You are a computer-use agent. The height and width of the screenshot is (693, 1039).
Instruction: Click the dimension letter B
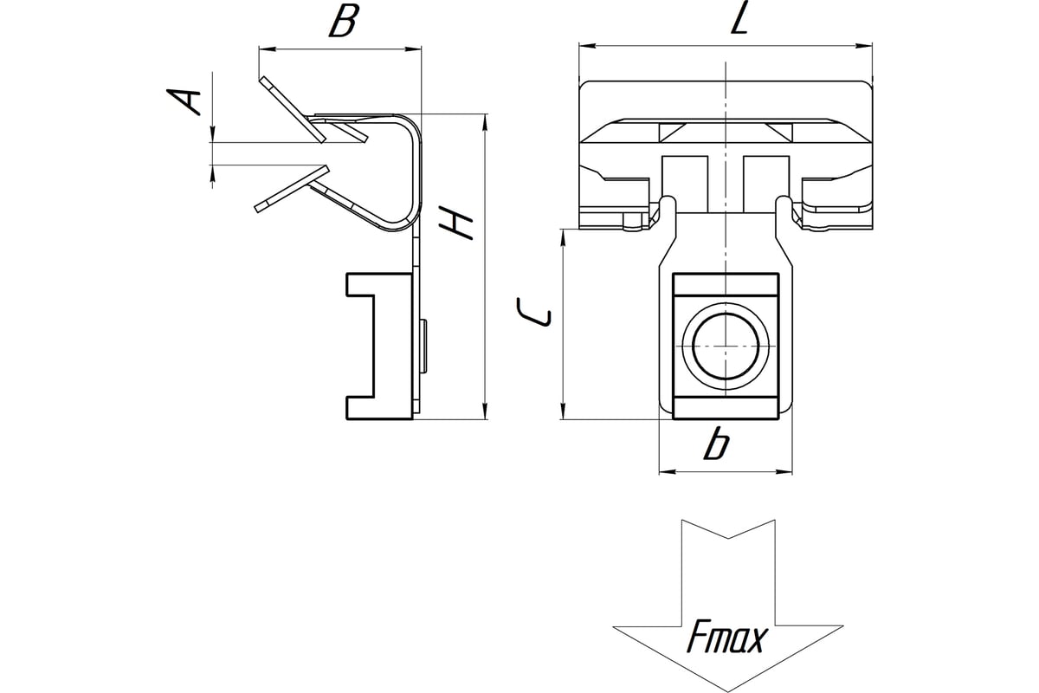pos(343,22)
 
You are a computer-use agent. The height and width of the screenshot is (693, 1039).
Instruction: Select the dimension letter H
pos(456,223)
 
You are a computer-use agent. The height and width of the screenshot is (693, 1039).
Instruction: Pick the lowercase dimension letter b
pos(715,444)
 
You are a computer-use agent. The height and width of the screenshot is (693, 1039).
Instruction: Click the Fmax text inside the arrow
pos(727,639)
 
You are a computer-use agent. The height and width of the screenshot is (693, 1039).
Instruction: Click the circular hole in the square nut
pos(726,346)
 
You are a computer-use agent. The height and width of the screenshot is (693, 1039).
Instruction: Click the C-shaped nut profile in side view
pos(378,346)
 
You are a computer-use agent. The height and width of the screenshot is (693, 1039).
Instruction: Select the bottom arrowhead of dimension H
pos(484,414)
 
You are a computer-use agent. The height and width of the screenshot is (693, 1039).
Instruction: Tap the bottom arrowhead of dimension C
pos(564,414)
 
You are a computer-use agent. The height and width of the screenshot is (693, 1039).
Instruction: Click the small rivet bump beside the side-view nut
pos(423,346)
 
